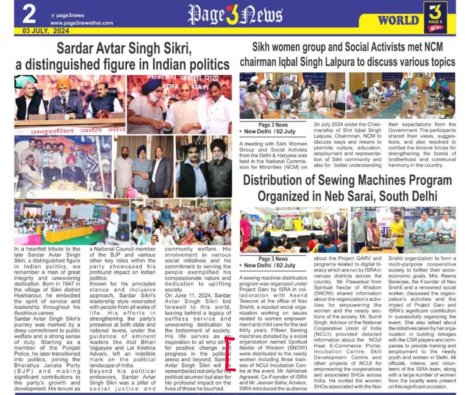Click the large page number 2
(x=29, y=14)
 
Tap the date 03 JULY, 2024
(x=45, y=31)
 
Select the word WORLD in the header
(x=398, y=20)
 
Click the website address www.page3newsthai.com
(x=81, y=23)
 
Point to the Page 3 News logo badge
(x=435, y=18)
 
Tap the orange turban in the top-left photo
(x=63, y=84)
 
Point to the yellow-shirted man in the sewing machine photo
(x=397, y=229)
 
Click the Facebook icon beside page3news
(x=53, y=16)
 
